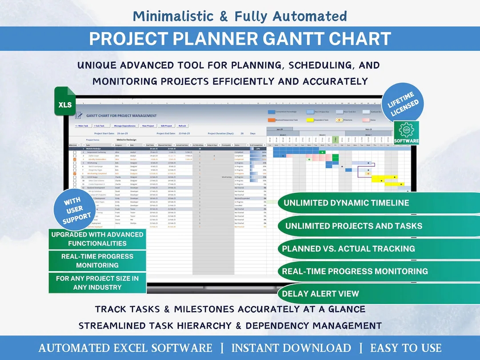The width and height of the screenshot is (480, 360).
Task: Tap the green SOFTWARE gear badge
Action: point(406,133)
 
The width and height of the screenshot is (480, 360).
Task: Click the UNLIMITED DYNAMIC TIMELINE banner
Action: point(347,203)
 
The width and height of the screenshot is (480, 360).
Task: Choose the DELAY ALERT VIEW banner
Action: point(321,294)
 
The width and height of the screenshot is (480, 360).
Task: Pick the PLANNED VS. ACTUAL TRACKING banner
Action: point(348,248)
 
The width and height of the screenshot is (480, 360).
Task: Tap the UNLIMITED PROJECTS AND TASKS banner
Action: point(354,226)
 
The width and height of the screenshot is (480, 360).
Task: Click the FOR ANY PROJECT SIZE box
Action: point(97,283)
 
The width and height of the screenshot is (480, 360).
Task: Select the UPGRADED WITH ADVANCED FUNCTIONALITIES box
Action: point(97,239)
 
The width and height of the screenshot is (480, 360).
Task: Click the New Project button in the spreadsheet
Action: point(148,126)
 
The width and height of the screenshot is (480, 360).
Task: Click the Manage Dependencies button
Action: point(125,126)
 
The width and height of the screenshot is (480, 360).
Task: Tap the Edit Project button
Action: point(166,126)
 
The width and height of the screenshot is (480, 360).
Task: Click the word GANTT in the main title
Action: point(297,39)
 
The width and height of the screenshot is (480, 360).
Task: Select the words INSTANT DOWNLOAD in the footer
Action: point(291,348)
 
